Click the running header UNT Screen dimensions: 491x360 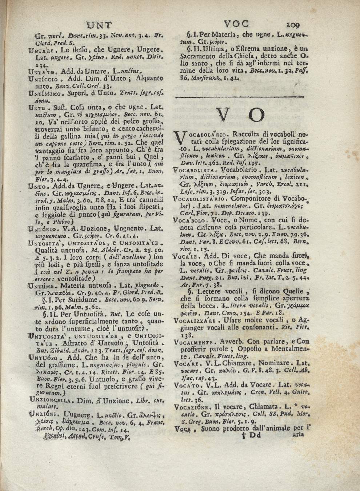[x=99, y=25]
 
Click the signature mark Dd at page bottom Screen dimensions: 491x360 [x=251, y=436]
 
